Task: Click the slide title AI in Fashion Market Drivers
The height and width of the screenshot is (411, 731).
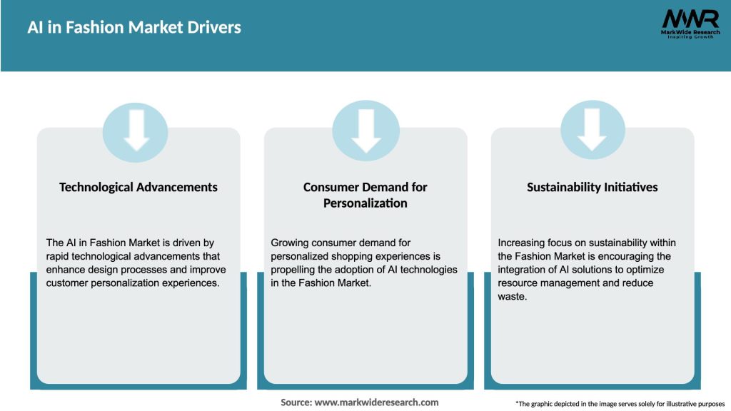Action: point(134,28)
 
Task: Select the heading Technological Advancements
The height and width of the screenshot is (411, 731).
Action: point(138,187)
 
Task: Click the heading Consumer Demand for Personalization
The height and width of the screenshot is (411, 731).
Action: point(365,195)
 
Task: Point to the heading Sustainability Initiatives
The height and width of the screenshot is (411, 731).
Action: point(593,187)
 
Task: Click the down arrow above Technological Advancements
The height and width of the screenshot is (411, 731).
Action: point(136,130)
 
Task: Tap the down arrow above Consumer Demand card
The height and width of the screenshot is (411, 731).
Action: point(366,130)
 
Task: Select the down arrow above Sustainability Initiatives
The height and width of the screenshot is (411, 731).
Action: point(593,130)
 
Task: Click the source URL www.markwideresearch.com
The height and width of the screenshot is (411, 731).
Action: point(376,402)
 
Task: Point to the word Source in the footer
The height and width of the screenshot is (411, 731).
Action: point(296,402)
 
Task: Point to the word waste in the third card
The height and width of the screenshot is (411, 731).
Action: point(511,296)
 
